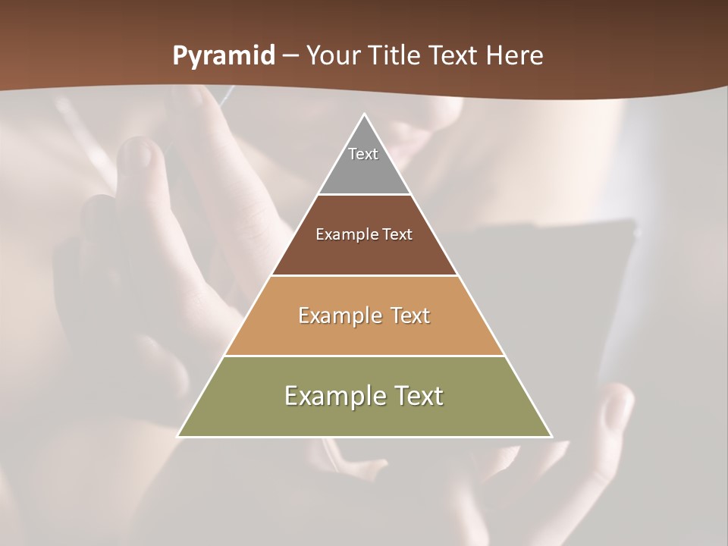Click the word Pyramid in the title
pyautogui.click(x=224, y=56)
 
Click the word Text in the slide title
pyautogui.click(x=455, y=56)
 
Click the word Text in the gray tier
pyautogui.click(x=363, y=154)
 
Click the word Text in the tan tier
pyautogui.click(x=409, y=315)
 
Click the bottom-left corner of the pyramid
pyautogui.click(x=178, y=437)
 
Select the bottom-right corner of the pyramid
pyautogui.click(x=551, y=437)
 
